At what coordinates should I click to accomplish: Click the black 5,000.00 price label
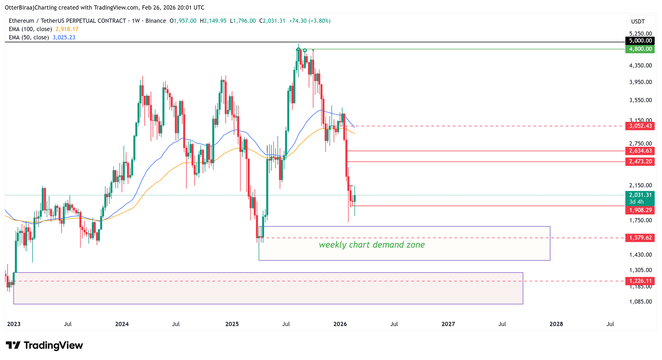click(639, 41)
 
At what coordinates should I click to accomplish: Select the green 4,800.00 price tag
click(639, 49)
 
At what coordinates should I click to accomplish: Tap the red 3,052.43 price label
click(639, 126)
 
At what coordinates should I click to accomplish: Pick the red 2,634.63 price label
click(639, 151)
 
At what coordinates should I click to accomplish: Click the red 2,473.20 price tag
click(639, 162)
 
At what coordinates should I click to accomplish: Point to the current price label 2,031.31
click(639, 195)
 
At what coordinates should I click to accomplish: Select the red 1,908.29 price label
click(639, 210)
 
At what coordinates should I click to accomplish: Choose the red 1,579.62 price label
click(639, 238)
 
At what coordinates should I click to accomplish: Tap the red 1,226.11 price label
click(639, 281)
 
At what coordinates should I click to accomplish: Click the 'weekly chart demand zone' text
click(371, 245)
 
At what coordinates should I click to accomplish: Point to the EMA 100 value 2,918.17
click(67, 29)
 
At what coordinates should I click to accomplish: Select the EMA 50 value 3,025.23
click(64, 37)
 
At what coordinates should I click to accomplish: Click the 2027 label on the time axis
click(448, 324)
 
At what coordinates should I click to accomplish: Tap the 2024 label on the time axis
click(122, 324)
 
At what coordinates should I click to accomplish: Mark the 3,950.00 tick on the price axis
click(640, 82)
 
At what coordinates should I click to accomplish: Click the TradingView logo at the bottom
click(44, 345)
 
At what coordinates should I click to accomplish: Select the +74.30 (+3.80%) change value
click(309, 21)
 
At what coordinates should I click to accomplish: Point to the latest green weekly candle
click(355, 198)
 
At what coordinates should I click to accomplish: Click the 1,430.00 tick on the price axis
click(640, 255)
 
